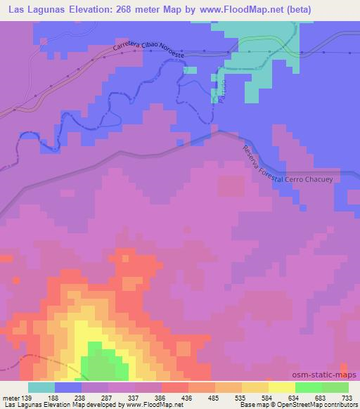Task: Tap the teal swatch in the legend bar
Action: coord(41,387)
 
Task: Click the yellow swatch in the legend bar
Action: coord(281,387)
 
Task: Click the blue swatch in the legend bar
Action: coord(68,387)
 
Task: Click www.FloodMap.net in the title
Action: coord(239,10)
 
